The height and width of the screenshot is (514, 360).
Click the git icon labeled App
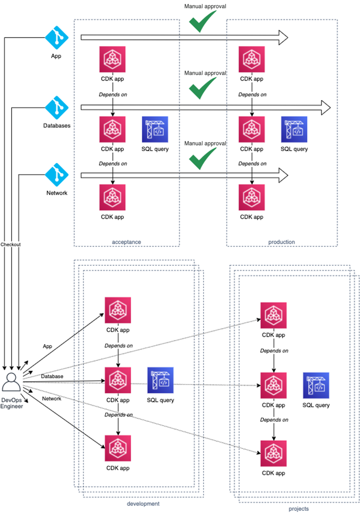(x=57, y=37)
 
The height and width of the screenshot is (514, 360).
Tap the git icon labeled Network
(x=57, y=175)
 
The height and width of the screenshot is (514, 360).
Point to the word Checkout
(x=10, y=244)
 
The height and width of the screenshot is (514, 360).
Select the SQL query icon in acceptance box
(x=155, y=129)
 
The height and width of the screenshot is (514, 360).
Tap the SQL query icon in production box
(x=294, y=129)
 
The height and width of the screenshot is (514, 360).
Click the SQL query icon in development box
(x=160, y=380)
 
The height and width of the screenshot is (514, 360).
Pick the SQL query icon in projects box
(x=316, y=385)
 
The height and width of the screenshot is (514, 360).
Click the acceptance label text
(x=127, y=242)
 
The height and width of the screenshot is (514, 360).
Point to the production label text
(x=282, y=242)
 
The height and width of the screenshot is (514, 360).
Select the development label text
(x=143, y=503)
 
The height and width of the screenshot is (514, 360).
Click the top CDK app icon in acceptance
(x=112, y=59)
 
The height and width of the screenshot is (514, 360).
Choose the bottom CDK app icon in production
(x=251, y=197)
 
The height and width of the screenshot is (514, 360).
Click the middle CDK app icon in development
(x=118, y=380)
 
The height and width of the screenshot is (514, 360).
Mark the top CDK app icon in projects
(x=273, y=315)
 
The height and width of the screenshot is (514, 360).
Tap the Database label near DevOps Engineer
(x=52, y=376)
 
